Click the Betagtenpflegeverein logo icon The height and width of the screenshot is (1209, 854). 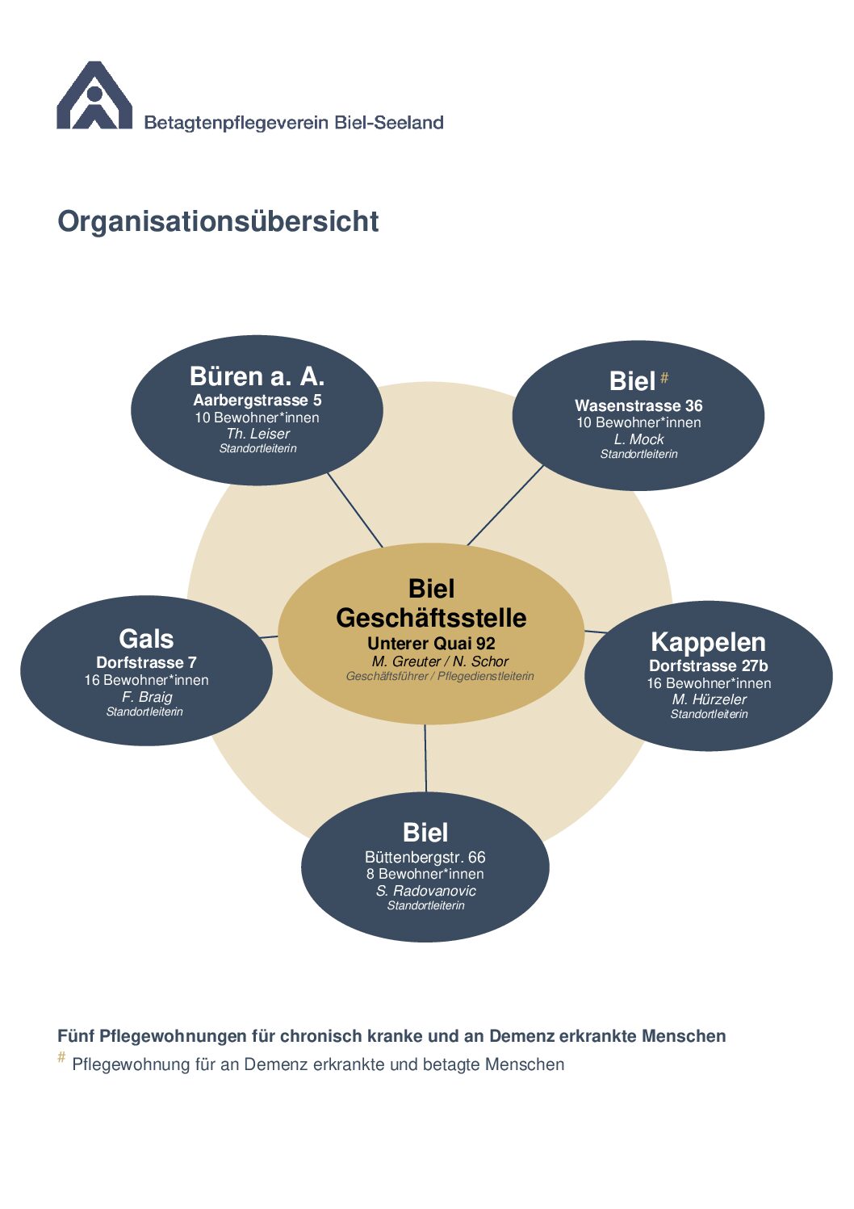[94, 96]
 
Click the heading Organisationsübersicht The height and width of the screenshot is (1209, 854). [218, 221]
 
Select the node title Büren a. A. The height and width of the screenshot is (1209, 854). [257, 376]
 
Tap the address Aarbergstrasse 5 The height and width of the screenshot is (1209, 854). [257, 400]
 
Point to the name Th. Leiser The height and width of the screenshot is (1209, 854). [257, 434]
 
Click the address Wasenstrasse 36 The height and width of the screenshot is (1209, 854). [638, 405]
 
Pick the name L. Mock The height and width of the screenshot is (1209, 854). [638, 439]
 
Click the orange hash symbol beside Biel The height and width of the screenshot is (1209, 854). [664, 377]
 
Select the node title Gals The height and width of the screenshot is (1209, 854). [146, 639]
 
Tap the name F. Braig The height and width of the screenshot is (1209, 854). [147, 697]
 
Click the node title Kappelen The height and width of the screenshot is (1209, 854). [708, 642]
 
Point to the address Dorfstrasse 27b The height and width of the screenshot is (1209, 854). [708, 666]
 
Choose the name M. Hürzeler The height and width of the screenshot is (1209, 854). [709, 699]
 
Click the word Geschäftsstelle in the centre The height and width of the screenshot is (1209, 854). [431, 618]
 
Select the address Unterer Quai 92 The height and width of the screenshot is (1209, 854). [431, 644]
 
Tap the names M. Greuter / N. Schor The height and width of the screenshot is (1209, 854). [440, 661]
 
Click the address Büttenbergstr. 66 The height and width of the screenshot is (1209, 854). [425, 857]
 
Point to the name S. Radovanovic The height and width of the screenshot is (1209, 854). [425, 891]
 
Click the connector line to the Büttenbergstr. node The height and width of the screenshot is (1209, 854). [425, 759]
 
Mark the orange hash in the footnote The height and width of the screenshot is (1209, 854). [61, 1057]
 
